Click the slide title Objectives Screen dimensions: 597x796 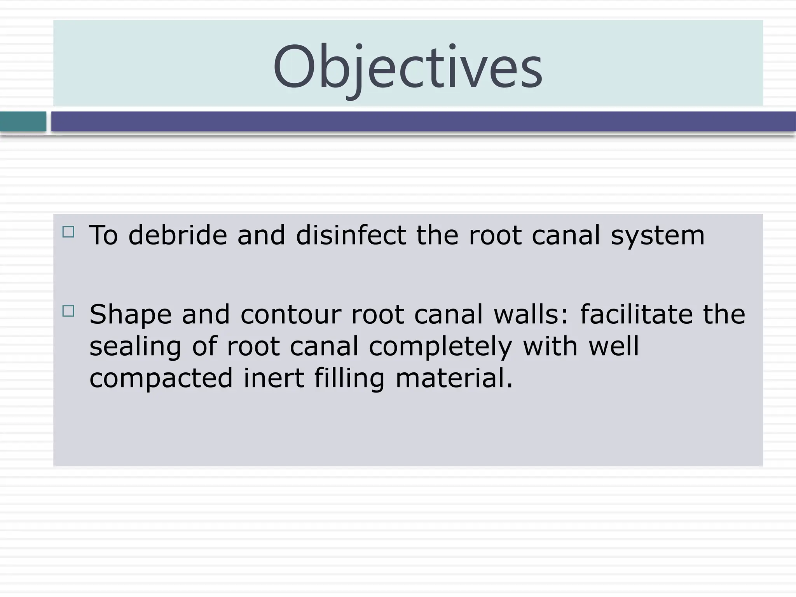pos(407,67)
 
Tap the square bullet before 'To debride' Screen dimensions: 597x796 pos(68,232)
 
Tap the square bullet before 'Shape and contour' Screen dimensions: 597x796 pos(68,311)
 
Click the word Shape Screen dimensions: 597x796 pos(130,315)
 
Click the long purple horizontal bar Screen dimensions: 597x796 pos(423,122)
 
